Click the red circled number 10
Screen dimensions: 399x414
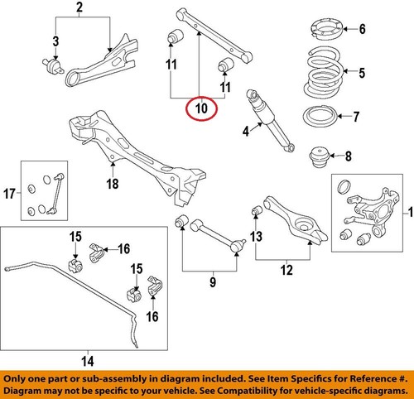click(x=200, y=108)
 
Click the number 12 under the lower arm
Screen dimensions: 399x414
click(x=287, y=269)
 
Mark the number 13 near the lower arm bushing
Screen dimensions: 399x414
click(x=255, y=238)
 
